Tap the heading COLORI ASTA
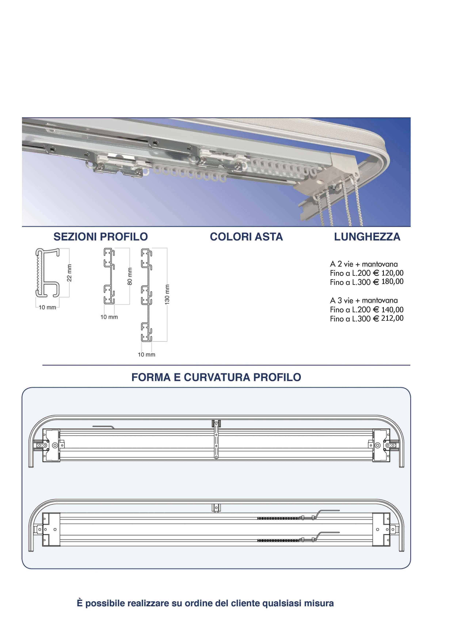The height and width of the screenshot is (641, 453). coord(246,237)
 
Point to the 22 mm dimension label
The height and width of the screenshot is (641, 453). coord(69,273)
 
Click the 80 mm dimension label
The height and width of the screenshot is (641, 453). coord(130,276)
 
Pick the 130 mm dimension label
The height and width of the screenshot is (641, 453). coord(167,294)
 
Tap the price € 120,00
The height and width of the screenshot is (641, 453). coord(388,273)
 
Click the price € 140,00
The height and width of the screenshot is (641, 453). coord(388,309)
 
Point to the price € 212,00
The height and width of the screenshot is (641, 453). coord(388,318)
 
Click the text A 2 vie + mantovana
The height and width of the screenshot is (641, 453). coord(364,264)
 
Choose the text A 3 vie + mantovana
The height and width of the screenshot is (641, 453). coord(364,300)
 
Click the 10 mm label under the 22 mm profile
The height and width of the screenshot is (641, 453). coord(47,307)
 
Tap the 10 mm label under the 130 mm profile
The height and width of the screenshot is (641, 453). coord(146,354)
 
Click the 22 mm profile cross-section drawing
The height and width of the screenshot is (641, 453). coord(47,272)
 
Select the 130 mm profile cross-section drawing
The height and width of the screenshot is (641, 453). coord(146,295)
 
